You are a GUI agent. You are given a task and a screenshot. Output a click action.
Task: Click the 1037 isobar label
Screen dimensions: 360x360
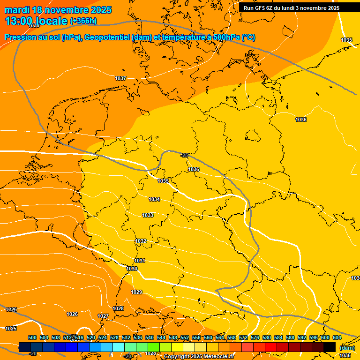(120, 78)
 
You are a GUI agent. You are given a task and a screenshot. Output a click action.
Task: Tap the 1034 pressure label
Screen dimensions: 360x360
(154, 200)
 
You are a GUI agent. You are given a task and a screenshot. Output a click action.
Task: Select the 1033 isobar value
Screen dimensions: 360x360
(148, 215)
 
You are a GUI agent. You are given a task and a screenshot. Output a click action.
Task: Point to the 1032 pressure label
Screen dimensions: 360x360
(141, 241)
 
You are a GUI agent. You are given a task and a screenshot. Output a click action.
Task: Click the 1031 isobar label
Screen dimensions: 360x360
(140, 261)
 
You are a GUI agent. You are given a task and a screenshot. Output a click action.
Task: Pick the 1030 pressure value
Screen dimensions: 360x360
(132, 269)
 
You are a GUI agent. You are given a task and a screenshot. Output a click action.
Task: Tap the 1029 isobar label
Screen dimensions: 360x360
(136, 292)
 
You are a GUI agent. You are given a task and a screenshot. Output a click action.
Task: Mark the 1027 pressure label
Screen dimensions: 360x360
(103, 316)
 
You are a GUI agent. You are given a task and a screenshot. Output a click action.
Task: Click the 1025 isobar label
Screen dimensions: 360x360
(11, 329)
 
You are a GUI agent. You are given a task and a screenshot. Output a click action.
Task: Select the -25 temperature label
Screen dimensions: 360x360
(185, 155)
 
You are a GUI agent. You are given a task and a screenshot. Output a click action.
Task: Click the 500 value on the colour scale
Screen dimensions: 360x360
(32, 337)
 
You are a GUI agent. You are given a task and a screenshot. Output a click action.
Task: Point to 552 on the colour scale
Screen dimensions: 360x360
(185, 337)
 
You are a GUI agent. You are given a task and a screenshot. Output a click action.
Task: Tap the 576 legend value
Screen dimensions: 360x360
(255, 337)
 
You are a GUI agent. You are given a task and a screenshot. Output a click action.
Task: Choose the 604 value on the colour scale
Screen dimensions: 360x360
(337, 337)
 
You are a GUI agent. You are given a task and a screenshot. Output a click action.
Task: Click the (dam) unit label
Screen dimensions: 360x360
(347, 348)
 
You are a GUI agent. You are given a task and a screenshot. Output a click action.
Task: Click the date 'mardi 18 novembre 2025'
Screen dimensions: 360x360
(58, 10)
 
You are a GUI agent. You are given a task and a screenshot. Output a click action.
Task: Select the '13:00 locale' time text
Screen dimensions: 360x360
(36, 21)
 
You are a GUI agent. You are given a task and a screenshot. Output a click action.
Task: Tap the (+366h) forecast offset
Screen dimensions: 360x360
(83, 21)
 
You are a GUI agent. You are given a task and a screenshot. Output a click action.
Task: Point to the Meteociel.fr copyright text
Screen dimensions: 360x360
(199, 356)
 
